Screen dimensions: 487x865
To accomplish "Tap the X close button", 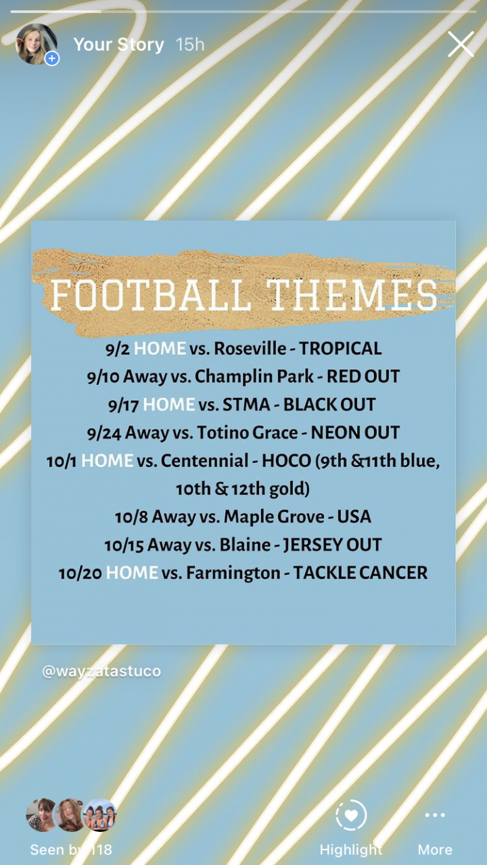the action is coord(461,44).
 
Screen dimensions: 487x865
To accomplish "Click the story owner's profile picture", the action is coord(37,44).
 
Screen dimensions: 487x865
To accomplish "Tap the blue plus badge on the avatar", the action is coord(52,59).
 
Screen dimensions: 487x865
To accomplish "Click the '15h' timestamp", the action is coord(190,45).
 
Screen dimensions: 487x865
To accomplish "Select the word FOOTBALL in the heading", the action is coord(151,295).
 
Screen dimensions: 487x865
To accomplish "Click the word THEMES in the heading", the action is coord(352,295).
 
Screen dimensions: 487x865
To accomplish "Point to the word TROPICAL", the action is coord(340,348).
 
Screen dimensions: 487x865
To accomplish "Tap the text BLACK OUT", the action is coord(329,405).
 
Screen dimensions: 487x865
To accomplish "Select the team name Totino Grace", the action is coord(248,432).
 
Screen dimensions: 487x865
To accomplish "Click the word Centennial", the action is coord(204,461).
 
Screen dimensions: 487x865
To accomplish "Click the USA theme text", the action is coord(354,517).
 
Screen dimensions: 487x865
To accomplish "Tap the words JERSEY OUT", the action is coord(332,545).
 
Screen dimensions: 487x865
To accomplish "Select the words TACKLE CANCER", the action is coord(361,572).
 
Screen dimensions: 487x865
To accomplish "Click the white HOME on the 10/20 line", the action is coord(132,572).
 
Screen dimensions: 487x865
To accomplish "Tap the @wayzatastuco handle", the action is coord(101,671).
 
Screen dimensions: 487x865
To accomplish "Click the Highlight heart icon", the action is coord(351,815).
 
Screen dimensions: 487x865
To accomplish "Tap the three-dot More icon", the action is coord(435,815).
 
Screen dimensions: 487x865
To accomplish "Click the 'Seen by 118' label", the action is coord(71,849).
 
